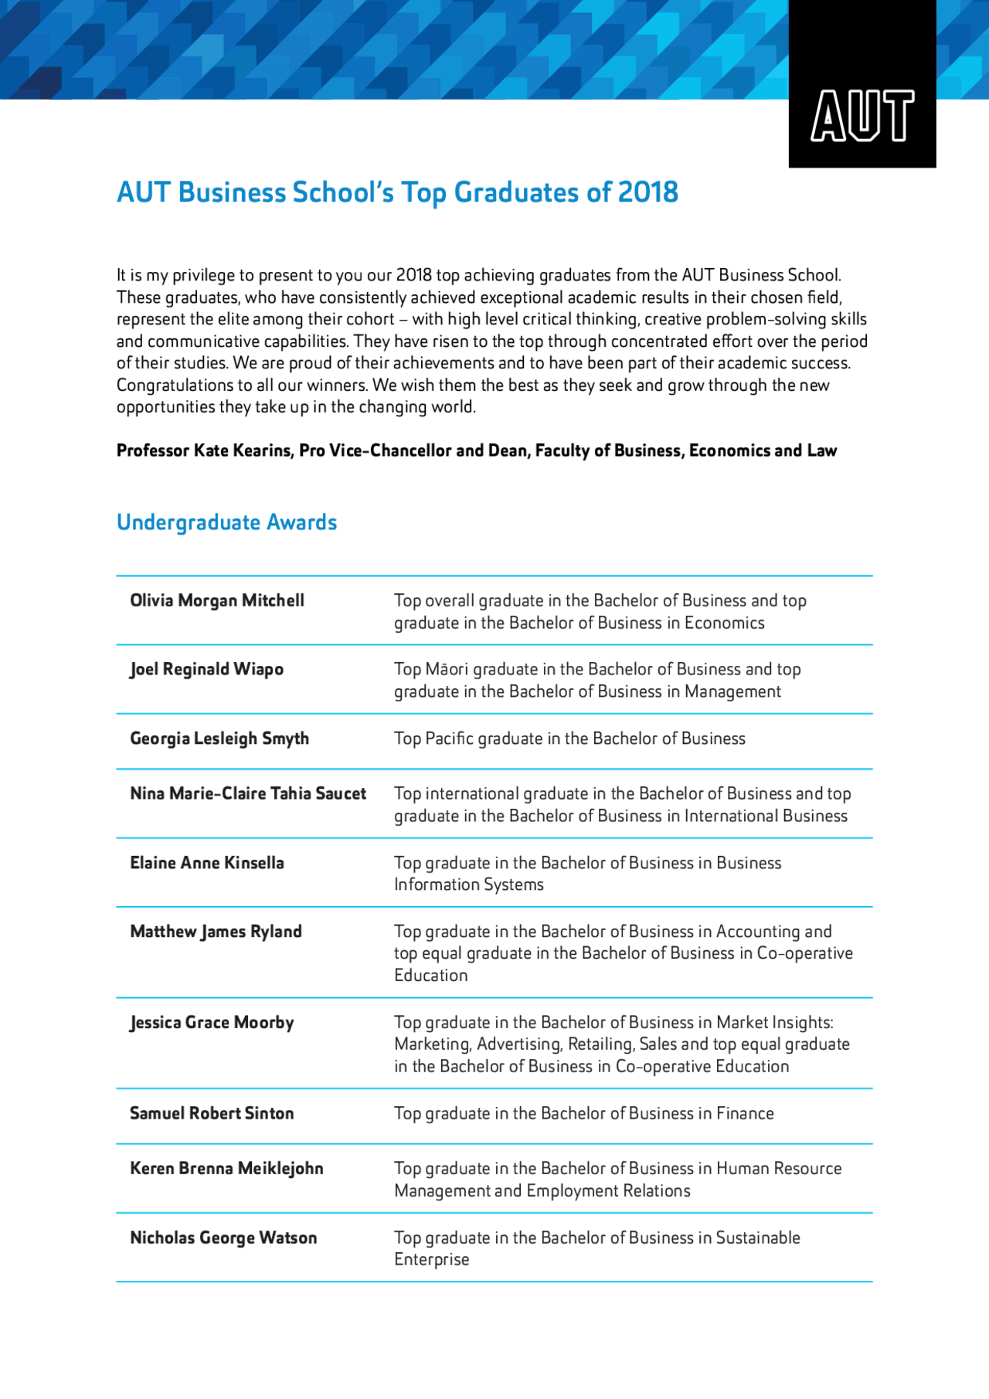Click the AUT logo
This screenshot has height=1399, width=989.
point(862,116)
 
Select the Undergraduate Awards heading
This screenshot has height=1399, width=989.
point(226,522)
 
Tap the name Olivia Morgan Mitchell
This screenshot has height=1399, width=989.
point(216,600)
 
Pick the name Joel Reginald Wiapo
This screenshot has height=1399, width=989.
point(206,669)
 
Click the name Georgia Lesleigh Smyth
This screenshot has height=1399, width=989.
point(219,739)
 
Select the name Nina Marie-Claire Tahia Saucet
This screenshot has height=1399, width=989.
point(247,793)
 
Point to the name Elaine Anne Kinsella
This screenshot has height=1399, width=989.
point(206,863)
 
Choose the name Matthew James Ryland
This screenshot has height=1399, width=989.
point(216,932)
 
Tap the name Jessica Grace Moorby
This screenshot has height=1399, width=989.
point(212,1023)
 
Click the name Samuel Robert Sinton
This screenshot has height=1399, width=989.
point(212,1113)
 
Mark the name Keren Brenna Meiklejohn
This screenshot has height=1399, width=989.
point(226,1169)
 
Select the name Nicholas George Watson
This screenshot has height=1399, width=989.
point(223,1238)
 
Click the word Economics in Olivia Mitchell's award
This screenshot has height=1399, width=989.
point(724,623)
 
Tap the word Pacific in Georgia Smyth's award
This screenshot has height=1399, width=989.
point(449,739)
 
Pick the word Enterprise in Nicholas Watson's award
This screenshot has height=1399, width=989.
point(431,1259)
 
